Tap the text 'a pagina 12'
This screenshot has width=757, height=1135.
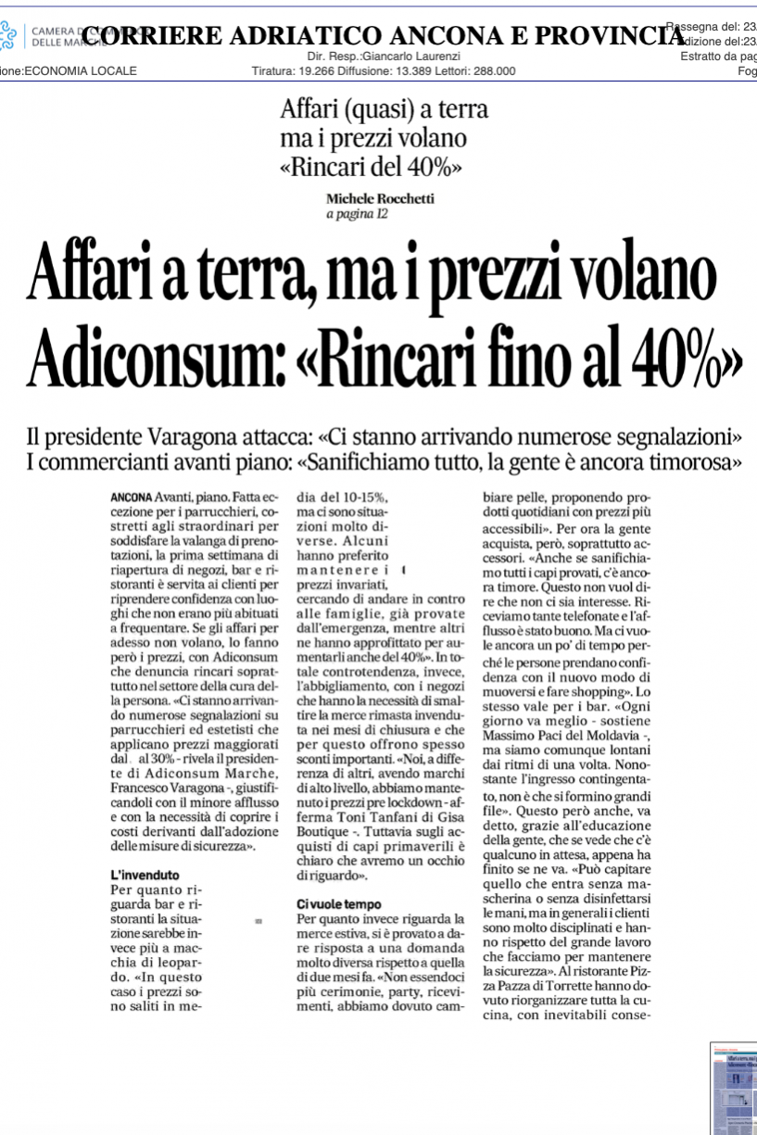[x=357, y=214]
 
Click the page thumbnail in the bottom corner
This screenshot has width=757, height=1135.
[x=734, y=1087]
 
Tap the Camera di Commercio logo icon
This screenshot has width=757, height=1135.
[x=7, y=36]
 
